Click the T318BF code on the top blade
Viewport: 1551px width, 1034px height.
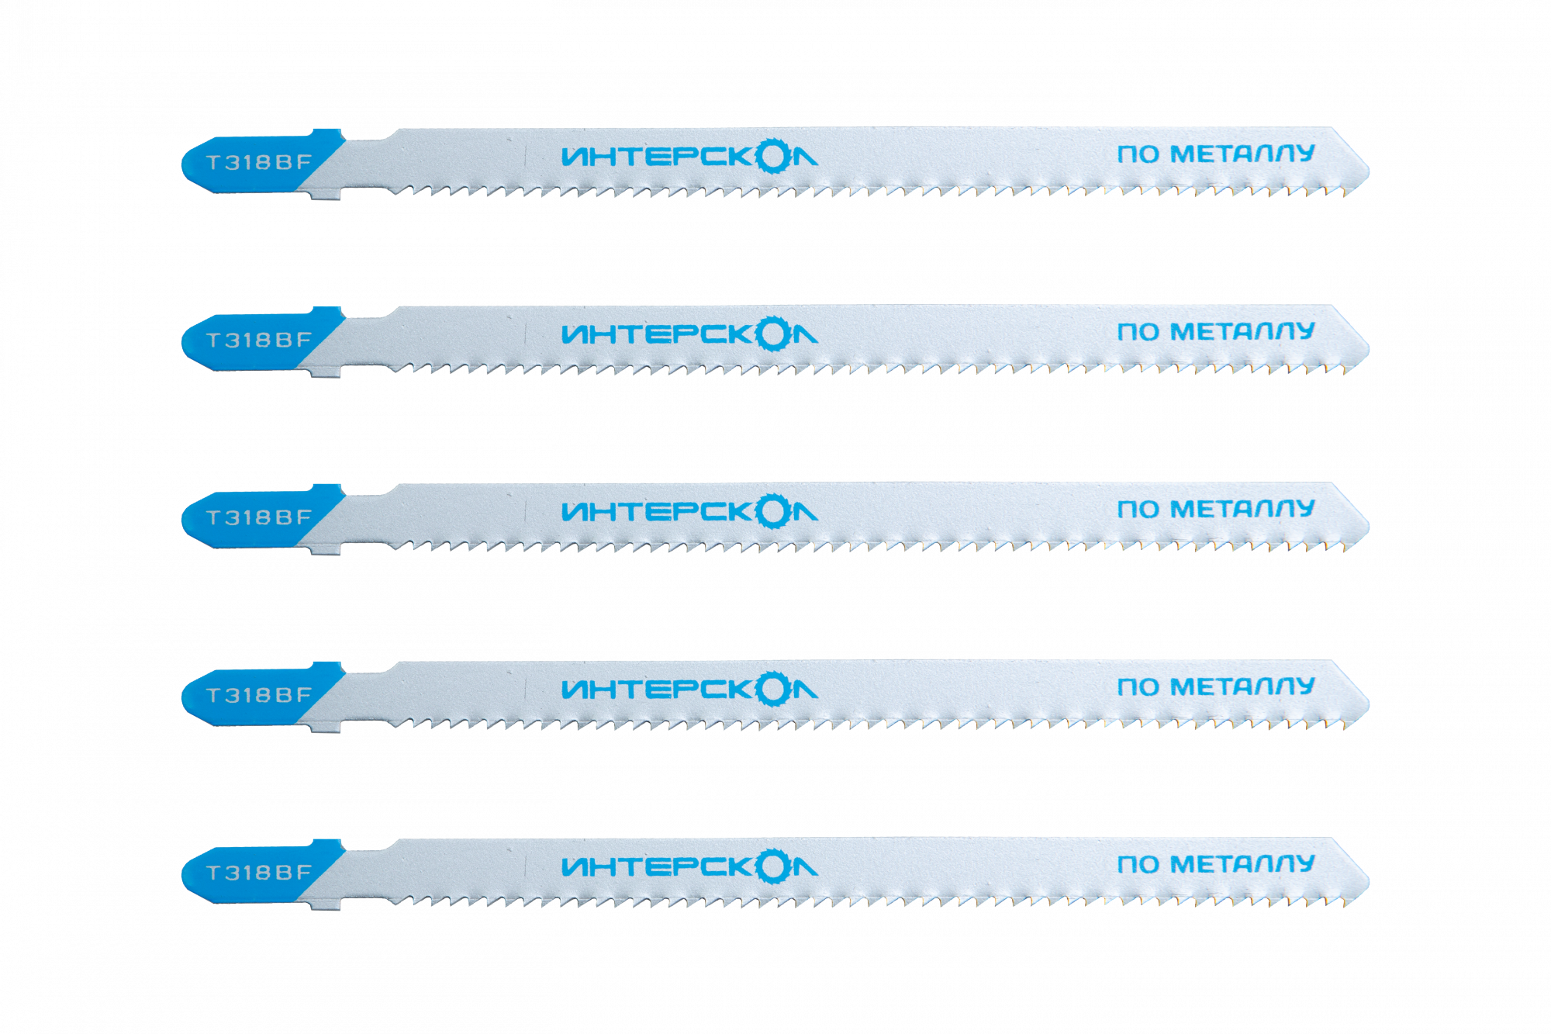(259, 162)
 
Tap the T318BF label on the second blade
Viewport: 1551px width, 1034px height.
(259, 340)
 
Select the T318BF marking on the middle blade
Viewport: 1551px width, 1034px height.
(259, 517)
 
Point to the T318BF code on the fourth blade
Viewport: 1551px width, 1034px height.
(259, 695)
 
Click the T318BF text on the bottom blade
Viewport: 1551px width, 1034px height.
(259, 873)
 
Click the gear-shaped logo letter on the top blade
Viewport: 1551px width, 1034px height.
(773, 156)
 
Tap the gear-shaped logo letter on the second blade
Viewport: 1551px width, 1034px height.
(773, 334)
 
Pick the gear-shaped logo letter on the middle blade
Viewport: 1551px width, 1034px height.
(773, 511)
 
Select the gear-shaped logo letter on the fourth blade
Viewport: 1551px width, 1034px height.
(773, 689)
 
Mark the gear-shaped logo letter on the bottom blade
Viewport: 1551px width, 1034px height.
(773, 866)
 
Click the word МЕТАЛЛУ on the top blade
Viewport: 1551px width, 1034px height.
(1242, 154)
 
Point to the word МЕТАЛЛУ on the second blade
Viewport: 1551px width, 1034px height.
(1242, 331)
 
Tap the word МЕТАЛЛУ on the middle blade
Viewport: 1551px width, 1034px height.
(1242, 509)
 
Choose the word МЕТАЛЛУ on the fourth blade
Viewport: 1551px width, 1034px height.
(1242, 686)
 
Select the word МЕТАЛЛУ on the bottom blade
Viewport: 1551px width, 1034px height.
(1242, 864)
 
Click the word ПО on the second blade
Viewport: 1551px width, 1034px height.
(1138, 332)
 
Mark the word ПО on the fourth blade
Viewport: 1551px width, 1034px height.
(1138, 687)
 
